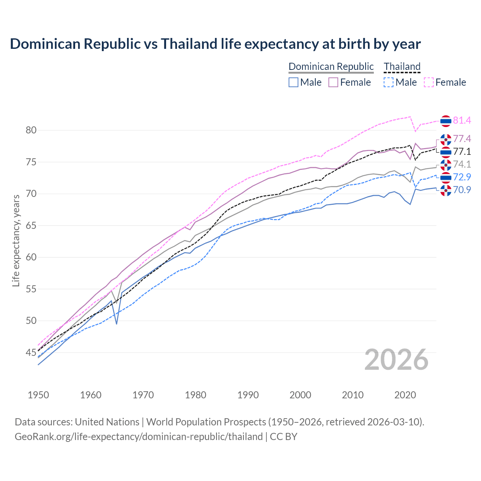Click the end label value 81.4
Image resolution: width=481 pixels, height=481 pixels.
coord(462,120)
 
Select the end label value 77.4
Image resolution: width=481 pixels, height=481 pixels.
coord(462,139)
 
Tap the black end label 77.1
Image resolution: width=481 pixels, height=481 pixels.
coord(462,151)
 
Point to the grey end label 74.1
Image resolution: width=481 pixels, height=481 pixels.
coord(462,164)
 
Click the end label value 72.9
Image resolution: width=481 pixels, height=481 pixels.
coord(462,177)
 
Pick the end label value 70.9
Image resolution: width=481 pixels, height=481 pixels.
coord(462,190)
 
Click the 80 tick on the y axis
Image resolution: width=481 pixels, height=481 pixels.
coord(31,130)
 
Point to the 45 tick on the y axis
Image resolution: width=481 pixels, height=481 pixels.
coord(31,352)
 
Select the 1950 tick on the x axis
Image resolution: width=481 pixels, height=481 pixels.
coord(38,395)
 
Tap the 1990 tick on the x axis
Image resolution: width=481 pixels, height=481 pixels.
coord(248,395)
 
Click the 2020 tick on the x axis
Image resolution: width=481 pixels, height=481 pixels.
coord(405,395)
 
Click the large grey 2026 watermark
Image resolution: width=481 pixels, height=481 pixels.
coord(396,360)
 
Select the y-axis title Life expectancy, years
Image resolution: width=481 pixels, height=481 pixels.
coord(16,240)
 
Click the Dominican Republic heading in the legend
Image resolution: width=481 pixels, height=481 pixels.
coord(331,67)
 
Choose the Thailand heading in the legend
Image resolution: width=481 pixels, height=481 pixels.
coord(402,67)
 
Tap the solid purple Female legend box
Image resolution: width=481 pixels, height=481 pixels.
coord(333,82)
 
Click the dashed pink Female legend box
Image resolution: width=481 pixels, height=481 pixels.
coord(429,82)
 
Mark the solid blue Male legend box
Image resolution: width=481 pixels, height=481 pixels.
coord(293,82)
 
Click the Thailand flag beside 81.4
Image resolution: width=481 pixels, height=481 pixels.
coord(446,121)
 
